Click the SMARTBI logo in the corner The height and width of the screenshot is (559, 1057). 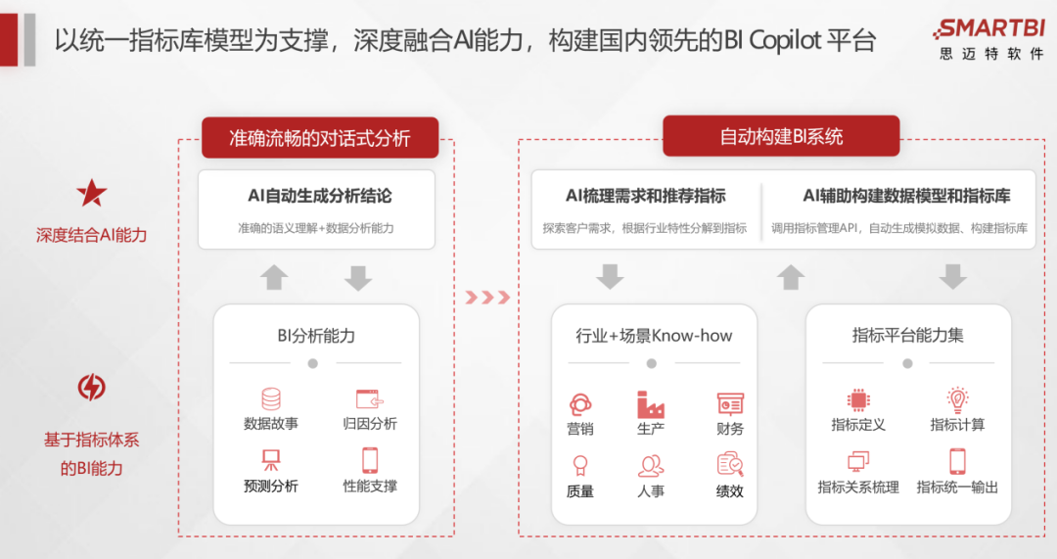point(988,39)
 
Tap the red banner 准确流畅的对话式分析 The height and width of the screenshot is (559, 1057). point(320,138)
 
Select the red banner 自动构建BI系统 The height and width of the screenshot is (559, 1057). point(781,136)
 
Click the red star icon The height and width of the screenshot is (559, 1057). point(92,194)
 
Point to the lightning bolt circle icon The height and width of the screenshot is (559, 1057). point(92,387)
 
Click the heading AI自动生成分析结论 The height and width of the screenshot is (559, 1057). point(319,196)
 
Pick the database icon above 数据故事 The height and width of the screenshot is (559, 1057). point(271,398)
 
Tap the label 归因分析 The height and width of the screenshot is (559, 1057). point(370,424)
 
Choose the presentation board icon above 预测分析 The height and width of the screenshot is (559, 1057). point(271,460)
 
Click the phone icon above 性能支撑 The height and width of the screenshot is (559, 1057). point(370,460)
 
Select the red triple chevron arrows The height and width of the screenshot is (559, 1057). point(487,298)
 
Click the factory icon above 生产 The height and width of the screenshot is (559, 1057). point(651,404)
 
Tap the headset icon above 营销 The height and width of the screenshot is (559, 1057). point(580,404)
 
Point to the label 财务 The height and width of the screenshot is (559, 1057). point(730,429)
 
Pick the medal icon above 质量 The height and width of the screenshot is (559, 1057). point(580,466)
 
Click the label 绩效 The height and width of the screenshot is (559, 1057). point(730,491)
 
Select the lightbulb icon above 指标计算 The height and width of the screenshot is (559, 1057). point(957,399)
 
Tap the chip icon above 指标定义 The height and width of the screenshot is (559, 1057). point(858,399)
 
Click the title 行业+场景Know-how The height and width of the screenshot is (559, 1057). point(654,335)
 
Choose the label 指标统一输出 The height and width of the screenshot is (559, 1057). point(957,487)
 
